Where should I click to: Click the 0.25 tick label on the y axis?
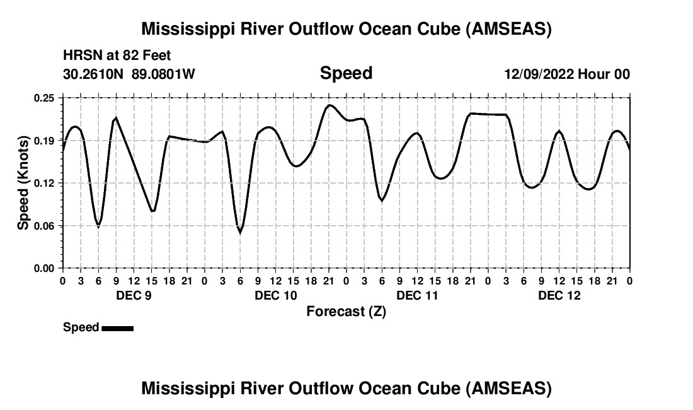(x=45, y=98)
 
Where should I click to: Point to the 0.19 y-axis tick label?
(x=45, y=141)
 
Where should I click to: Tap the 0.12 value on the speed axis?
(x=45, y=183)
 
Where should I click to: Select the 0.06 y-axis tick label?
(x=45, y=226)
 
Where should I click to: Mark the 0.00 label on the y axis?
(x=45, y=268)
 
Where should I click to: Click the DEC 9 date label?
(x=134, y=296)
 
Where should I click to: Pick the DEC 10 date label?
(x=276, y=296)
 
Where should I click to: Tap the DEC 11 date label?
(x=418, y=296)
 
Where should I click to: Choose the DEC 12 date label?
(x=559, y=296)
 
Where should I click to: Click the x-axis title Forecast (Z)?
(x=346, y=312)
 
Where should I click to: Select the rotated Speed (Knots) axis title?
(x=23, y=182)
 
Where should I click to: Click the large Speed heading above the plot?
(x=346, y=73)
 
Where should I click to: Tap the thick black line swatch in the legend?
(x=117, y=328)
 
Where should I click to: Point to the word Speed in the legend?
(x=81, y=327)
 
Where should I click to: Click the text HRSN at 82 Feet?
(x=117, y=56)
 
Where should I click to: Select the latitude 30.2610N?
(x=94, y=74)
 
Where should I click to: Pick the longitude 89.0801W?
(x=164, y=74)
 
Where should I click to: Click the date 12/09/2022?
(x=538, y=74)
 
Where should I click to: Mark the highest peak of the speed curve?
(x=329, y=105)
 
